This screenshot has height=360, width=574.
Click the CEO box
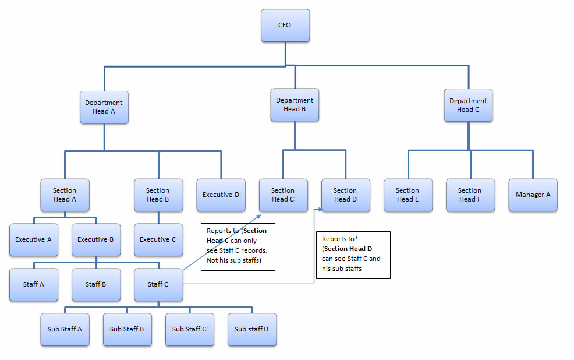click(x=285, y=26)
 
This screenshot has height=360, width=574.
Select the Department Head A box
click(x=104, y=107)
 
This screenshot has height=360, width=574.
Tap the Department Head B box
click(x=295, y=105)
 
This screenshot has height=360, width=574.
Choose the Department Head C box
click(x=468, y=105)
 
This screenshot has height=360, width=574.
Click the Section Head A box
click(x=65, y=195)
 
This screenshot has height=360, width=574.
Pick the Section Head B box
click(x=158, y=195)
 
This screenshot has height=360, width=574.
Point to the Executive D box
click(x=221, y=195)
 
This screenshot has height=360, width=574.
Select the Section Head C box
click(x=283, y=195)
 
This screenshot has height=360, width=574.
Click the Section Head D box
click(x=345, y=195)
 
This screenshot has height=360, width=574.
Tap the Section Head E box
click(x=408, y=195)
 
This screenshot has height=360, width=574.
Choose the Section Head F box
click(x=470, y=195)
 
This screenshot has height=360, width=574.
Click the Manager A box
click(x=533, y=195)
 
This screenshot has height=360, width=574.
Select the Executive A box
click(x=33, y=239)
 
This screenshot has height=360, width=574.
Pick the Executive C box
click(x=158, y=239)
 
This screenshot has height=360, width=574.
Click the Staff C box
click(x=158, y=284)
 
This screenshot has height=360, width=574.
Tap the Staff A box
click(x=33, y=284)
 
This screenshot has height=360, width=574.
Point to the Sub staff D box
click(x=251, y=329)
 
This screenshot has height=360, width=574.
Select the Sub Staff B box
click(x=127, y=329)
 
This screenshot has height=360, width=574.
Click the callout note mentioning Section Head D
click(x=352, y=255)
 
